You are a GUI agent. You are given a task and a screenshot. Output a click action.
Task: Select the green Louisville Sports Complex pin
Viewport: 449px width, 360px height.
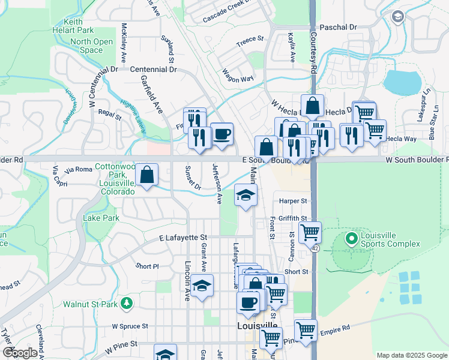(352, 239)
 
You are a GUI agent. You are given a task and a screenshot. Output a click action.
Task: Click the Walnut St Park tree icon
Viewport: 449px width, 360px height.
(126, 304)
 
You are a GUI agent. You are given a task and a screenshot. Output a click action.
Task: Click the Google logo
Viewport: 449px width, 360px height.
(20, 352)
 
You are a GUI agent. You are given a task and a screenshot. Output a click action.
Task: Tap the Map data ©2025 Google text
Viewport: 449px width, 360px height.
(411, 355)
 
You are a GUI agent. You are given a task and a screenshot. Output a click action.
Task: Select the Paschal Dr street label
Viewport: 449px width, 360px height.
(338, 28)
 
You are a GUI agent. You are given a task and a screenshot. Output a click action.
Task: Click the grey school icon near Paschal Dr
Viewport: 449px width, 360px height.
(397, 17)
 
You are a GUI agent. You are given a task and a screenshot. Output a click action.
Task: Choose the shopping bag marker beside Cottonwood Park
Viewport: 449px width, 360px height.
(147, 175)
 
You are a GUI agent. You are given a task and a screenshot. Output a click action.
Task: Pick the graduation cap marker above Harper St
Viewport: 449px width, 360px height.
(246, 196)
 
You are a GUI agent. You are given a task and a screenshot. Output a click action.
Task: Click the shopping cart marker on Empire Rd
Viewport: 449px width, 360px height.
(306, 329)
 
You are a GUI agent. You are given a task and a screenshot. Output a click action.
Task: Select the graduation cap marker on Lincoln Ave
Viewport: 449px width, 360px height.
(203, 286)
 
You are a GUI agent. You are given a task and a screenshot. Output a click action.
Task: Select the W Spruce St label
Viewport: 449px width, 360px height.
(134, 326)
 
